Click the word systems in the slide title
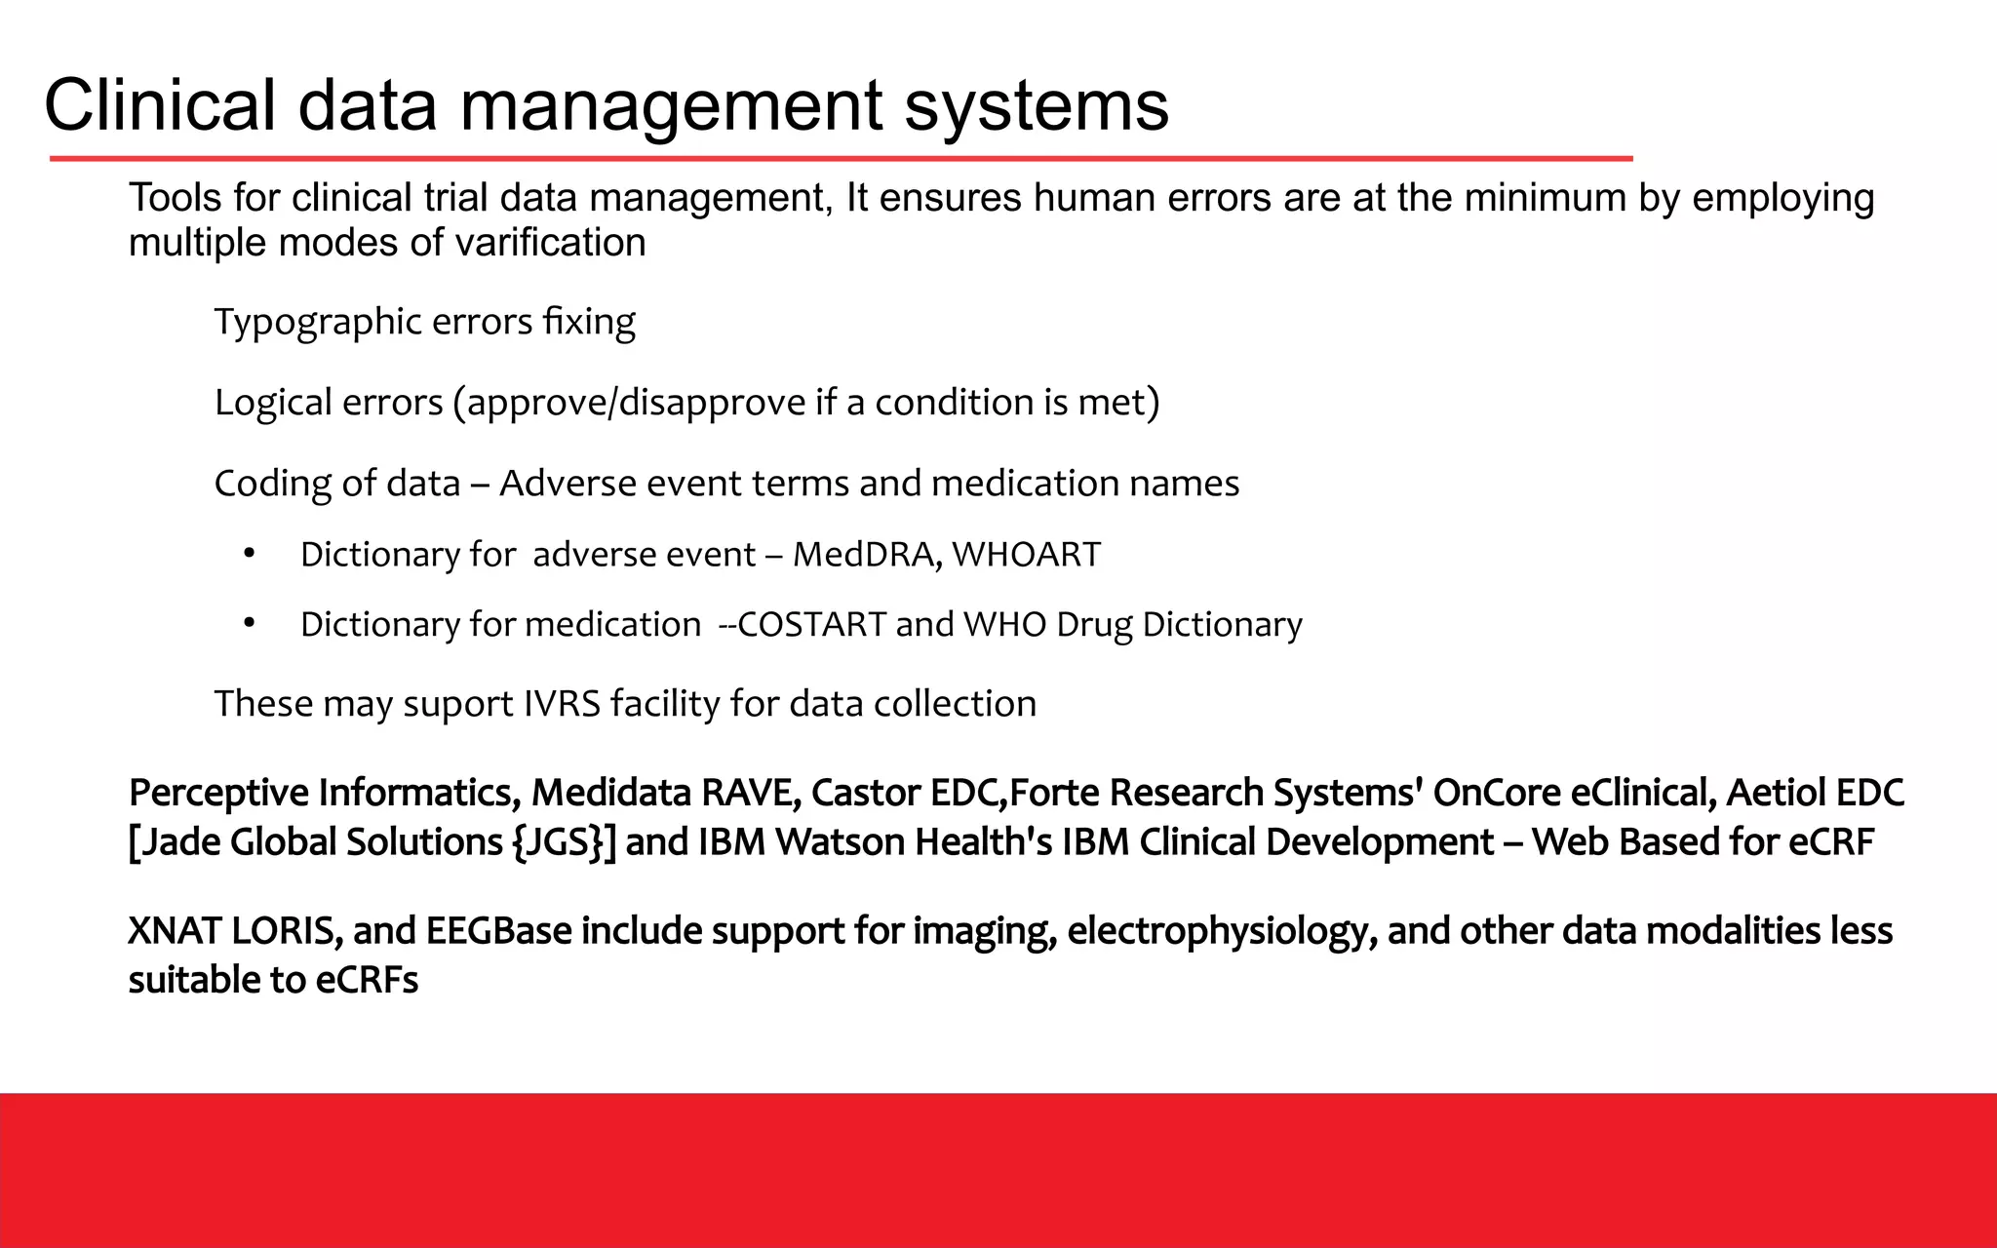1036,107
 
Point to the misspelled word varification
551,243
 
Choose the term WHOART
1026,555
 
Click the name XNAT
176,932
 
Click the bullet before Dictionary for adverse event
250,554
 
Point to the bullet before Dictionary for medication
250,624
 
